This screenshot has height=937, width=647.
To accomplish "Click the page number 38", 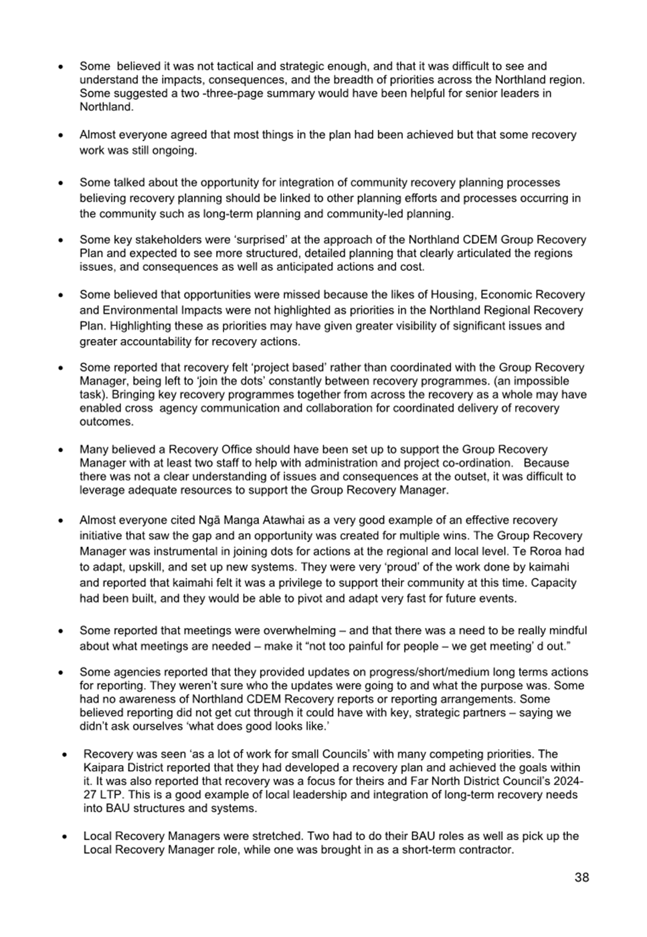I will (581, 877).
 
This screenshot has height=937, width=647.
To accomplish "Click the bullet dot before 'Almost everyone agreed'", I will (61, 135).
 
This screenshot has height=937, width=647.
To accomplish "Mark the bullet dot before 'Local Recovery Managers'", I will (65, 836).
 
